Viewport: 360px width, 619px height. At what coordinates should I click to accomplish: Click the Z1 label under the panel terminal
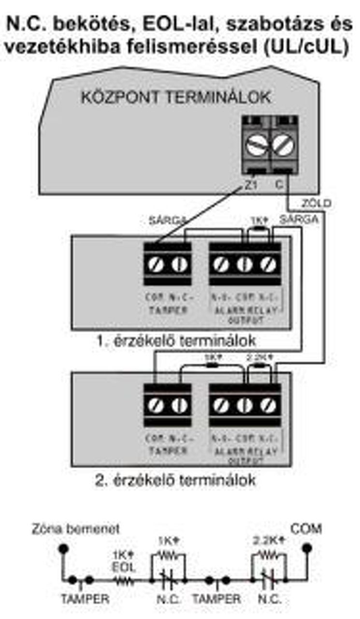pyautogui.click(x=250, y=184)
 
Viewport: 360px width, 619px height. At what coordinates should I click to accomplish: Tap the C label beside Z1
pyautogui.click(x=279, y=184)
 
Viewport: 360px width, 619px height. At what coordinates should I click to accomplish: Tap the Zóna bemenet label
pyautogui.click(x=76, y=528)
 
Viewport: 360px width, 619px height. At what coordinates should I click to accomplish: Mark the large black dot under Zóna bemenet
pyautogui.click(x=62, y=549)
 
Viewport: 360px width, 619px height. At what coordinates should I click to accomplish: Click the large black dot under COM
pyautogui.click(x=306, y=549)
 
